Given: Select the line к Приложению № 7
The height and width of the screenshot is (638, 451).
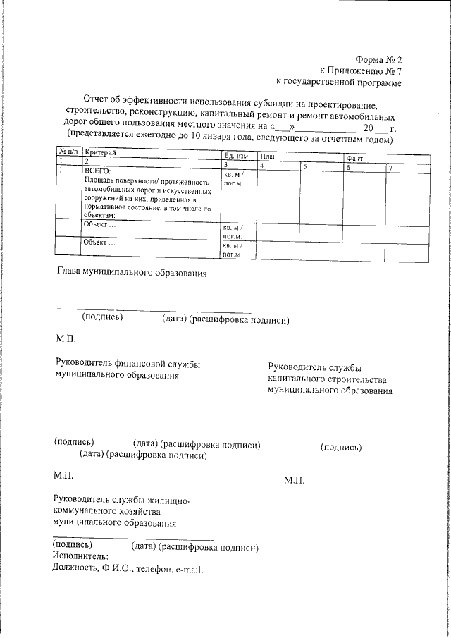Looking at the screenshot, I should tap(360, 71).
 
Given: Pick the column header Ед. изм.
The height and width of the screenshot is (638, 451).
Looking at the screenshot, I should tap(237, 155).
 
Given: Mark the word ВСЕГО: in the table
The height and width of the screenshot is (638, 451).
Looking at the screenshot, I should tap(98, 171).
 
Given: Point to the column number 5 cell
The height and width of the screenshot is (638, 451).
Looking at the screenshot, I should tap(305, 166).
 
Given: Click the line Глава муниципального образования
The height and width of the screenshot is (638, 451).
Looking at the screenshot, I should tap(131, 271).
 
